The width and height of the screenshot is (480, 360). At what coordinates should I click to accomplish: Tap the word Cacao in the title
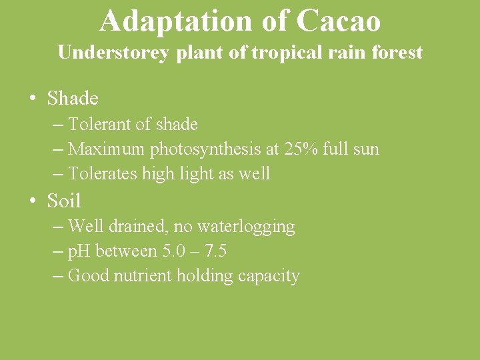pyautogui.click(x=338, y=21)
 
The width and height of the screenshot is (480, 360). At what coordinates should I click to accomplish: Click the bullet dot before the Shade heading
pyautogui.click(x=32, y=99)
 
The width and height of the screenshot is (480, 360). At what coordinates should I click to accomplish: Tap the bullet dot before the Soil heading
pyautogui.click(x=32, y=201)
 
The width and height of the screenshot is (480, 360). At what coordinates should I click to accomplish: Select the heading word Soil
pyautogui.click(x=64, y=200)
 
